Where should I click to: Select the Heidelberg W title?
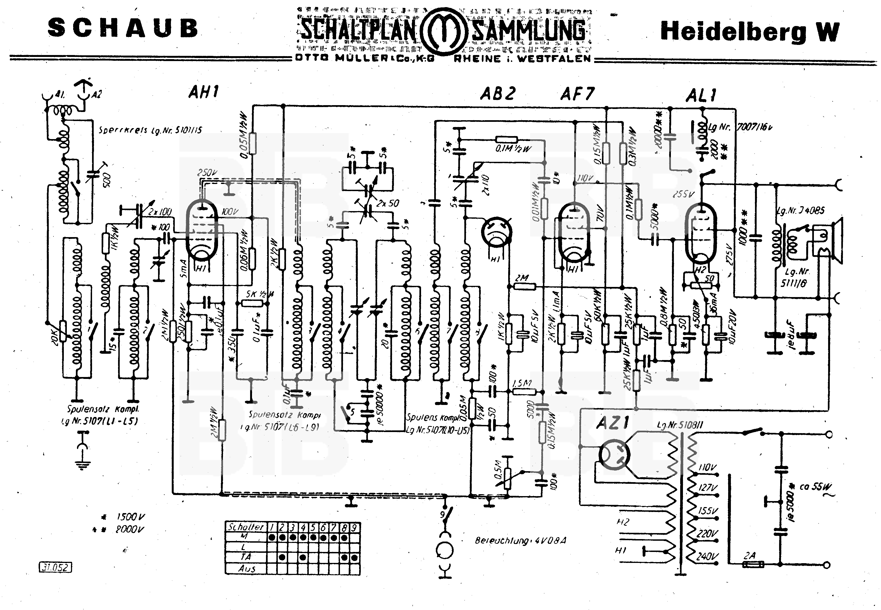[750, 31]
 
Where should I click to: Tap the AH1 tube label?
[204, 92]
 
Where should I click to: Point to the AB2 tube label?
[497, 93]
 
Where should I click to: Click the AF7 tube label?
[577, 94]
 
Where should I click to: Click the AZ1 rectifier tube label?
[613, 423]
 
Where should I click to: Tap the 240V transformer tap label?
[707, 556]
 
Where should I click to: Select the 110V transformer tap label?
[707, 467]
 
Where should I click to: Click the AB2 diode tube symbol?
[496, 232]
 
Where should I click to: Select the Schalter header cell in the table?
[246, 527]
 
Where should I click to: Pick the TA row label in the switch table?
[246, 557]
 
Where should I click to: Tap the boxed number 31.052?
[55, 568]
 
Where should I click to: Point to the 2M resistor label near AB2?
[522, 278]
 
